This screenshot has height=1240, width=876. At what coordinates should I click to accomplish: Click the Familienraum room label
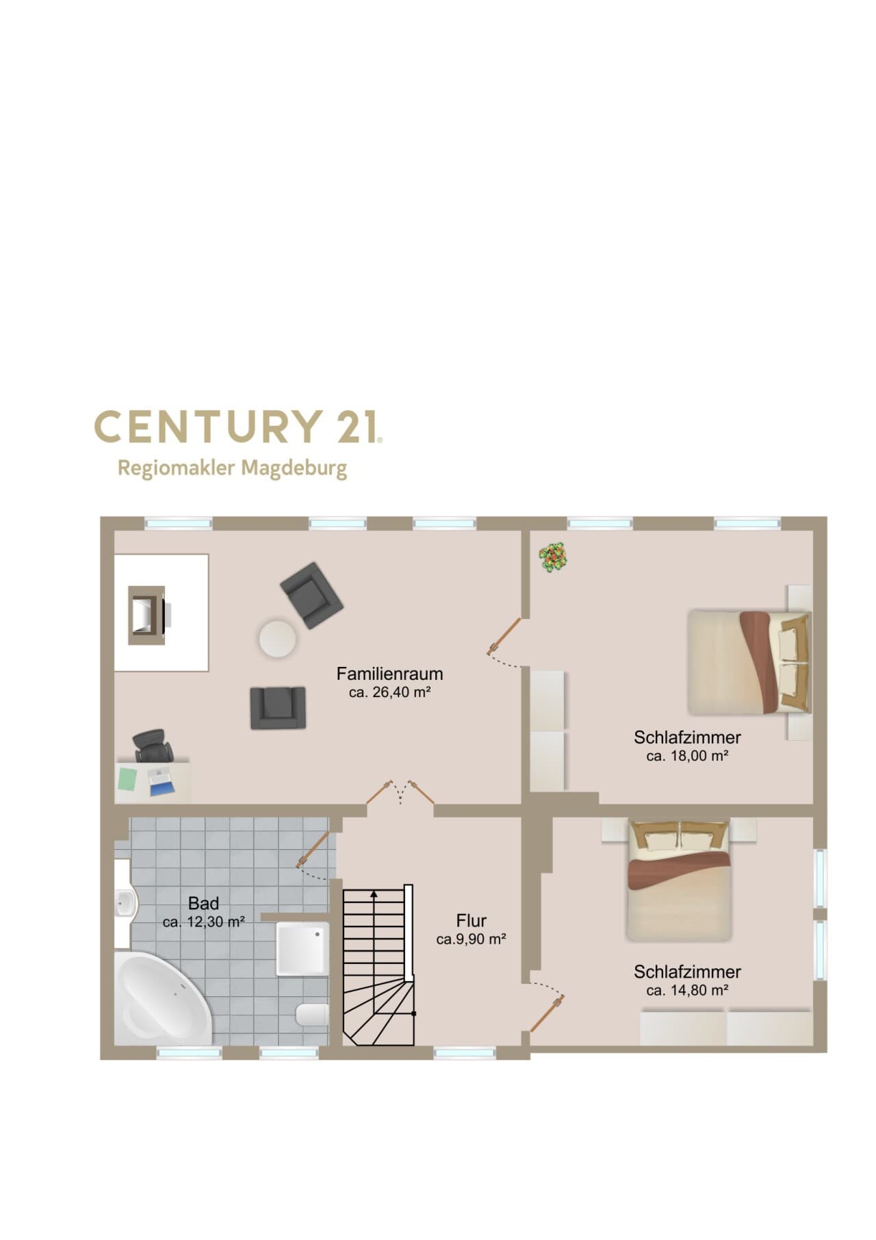[x=389, y=674]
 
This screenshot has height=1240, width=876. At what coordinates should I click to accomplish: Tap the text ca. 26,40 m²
[x=389, y=692]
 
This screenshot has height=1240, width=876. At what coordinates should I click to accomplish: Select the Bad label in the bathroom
[x=203, y=903]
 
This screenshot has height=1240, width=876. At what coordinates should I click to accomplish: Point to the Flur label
[x=471, y=921]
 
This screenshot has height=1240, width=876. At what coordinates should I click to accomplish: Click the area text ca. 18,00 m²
[x=687, y=757]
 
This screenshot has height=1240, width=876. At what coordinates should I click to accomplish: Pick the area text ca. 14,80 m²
[x=687, y=991]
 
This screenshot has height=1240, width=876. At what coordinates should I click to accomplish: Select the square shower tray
[x=302, y=948]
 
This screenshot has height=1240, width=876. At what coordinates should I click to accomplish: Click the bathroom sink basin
[x=126, y=904]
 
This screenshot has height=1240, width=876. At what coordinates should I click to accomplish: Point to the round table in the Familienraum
[x=277, y=639]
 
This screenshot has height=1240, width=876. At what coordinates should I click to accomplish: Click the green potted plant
[x=554, y=557]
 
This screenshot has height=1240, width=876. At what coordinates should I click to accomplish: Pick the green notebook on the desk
[x=127, y=779]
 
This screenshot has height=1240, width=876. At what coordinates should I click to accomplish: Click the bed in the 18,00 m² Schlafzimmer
[x=749, y=662]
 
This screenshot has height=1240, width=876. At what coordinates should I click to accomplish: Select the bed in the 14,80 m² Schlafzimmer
[x=679, y=881]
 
